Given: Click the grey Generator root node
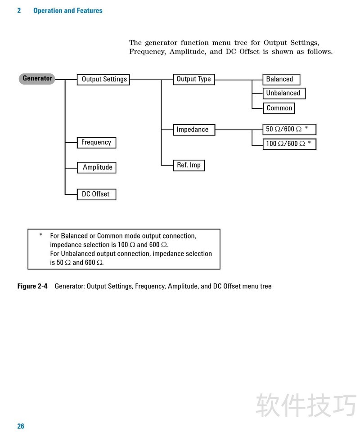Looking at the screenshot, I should tap(37, 79).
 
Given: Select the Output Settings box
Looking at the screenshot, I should tap(104, 80).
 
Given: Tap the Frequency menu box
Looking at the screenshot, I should tap(96, 143).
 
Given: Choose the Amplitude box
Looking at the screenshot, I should tap(97, 167).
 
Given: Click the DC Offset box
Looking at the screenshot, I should tap(96, 194).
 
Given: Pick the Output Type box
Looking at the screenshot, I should tap(193, 79).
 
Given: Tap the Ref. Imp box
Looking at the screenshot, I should tap(189, 165).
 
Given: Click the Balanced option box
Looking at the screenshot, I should tap(281, 79).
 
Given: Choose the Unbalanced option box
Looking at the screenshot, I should tap(283, 93).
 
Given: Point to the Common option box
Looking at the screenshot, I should tap(279, 108).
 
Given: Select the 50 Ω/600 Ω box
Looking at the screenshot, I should tap(289, 130).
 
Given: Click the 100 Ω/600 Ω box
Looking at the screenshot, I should tap(289, 144).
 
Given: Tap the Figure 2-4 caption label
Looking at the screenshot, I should tap(32, 286).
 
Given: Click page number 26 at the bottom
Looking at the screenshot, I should tap(21, 426).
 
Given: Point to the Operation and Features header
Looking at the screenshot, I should tap(68, 10).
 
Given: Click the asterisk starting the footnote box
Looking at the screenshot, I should tap(40, 235).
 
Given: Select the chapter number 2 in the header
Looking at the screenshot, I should tap(19, 10).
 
